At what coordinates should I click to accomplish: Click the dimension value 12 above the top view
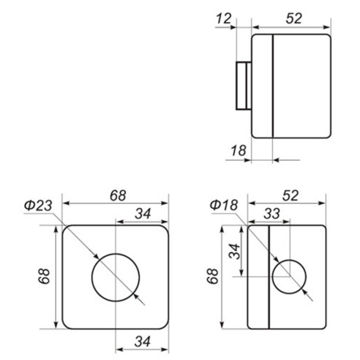click(x=224, y=17)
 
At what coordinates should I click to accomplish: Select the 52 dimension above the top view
click(x=294, y=17)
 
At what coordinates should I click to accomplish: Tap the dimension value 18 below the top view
click(x=238, y=149)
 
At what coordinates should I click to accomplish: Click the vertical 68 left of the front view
click(x=46, y=276)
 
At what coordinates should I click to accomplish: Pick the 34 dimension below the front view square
click(x=143, y=340)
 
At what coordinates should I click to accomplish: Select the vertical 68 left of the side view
click(x=214, y=276)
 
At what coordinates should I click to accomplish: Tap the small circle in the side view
click(x=288, y=276)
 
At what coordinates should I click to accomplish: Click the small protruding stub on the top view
click(x=243, y=86)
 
